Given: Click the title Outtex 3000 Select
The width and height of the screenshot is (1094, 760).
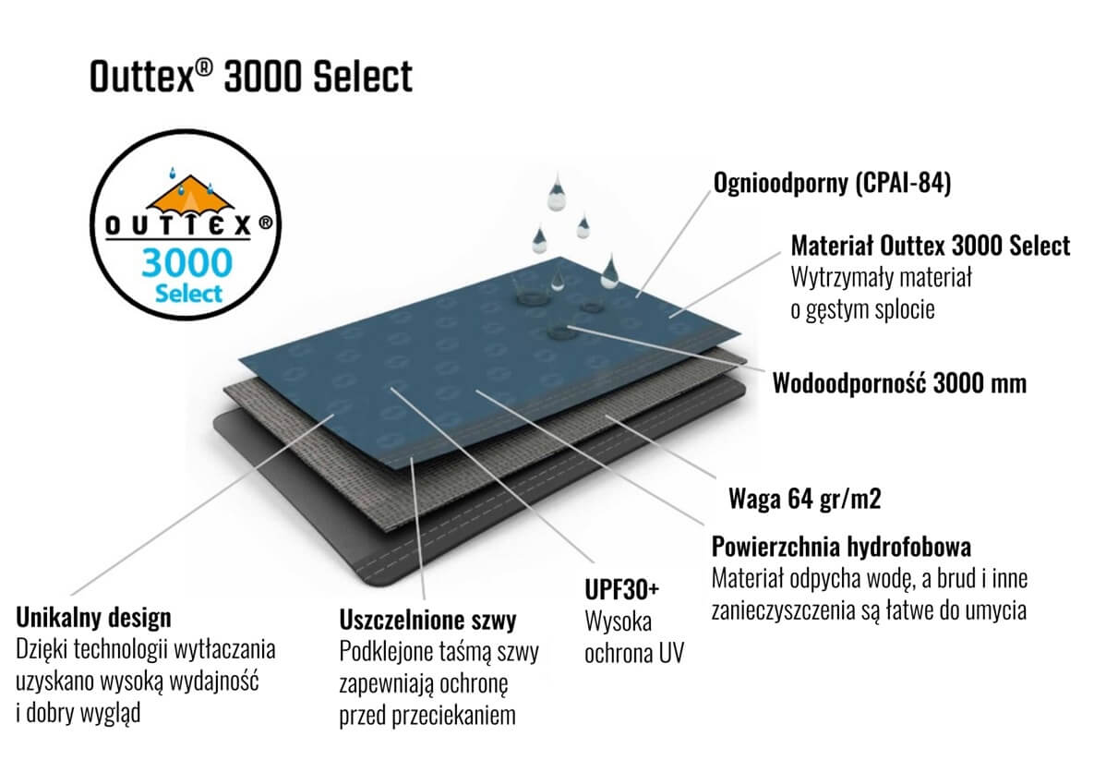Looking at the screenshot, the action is (251, 76).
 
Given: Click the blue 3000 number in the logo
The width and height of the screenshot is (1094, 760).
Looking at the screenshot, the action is (187, 263).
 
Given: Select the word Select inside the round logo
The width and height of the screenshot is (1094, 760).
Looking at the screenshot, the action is (188, 294).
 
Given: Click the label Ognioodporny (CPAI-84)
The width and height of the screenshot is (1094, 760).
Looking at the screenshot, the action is (833, 183).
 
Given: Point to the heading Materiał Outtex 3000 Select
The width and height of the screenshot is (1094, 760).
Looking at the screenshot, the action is (930, 246).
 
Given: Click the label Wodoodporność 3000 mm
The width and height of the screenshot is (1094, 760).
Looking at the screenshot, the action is (899, 383).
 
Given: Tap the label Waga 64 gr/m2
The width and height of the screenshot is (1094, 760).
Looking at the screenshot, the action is (804, 499).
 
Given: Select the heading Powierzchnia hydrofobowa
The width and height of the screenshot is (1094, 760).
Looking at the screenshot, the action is (841, 547).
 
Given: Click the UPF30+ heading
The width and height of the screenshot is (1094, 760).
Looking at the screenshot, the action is (621, 590).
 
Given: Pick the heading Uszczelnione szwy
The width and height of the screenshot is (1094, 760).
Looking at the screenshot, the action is (427, 620).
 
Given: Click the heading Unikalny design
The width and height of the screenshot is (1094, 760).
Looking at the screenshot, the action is (93, 618).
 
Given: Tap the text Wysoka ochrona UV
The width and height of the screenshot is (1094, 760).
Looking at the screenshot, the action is (634, 637).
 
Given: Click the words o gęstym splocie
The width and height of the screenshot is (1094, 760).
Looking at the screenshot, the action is (862, 309).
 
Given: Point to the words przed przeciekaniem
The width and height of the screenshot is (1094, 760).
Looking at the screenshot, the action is (427, 716).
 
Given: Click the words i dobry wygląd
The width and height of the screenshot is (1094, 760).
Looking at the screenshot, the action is (78, 713).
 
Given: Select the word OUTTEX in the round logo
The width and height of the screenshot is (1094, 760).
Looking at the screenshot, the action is (178, 225).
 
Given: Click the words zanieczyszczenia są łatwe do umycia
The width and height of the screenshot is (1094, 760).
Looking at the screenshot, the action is (869, 610).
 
